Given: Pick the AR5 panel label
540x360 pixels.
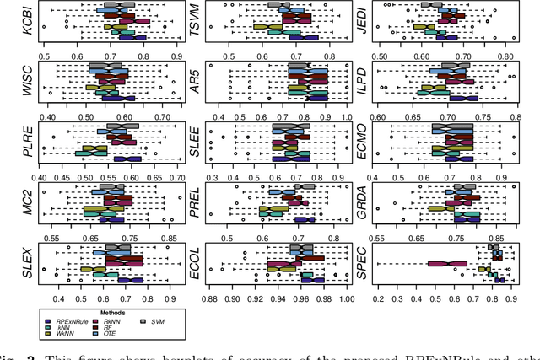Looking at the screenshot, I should click(x=194, y=81).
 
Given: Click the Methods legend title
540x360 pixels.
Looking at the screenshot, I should click(x=103, y=312).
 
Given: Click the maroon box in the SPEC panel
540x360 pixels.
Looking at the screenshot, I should click(x=447, y=263).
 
